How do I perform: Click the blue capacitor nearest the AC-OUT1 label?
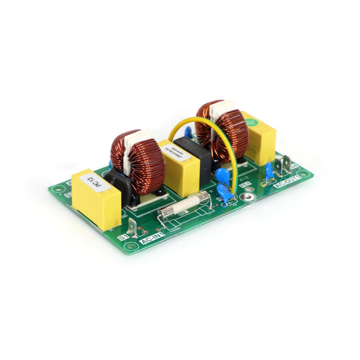tap(269, 170)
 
